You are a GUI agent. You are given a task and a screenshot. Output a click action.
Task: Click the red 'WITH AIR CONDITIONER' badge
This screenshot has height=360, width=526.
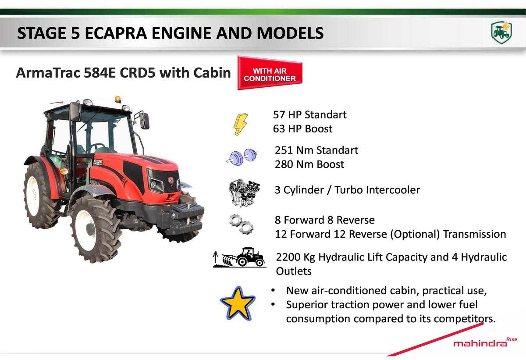270,73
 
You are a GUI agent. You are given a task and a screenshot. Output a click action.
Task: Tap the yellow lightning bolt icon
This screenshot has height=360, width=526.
240,124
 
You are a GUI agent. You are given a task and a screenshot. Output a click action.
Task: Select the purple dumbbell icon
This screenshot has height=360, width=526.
242,157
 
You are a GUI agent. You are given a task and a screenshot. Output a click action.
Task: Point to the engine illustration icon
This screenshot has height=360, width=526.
244,192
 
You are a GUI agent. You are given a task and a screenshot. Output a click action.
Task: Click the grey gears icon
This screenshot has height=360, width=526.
241,224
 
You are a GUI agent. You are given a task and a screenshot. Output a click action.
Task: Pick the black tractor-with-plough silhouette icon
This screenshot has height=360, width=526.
240,257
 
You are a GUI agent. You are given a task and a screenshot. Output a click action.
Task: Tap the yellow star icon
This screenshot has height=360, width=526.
238,303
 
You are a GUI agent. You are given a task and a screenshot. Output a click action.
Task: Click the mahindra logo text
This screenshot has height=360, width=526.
480,344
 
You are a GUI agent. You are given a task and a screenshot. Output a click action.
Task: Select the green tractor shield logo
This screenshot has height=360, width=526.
501,32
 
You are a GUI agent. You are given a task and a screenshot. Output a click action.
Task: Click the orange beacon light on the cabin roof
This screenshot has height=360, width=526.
117,99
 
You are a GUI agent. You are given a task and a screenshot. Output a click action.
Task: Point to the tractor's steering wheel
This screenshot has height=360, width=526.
97,146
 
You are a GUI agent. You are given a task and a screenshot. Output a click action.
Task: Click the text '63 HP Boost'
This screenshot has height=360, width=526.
302,128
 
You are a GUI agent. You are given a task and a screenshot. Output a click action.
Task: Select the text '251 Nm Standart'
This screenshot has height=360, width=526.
316,150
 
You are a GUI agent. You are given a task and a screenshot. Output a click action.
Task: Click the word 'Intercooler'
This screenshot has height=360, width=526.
377,190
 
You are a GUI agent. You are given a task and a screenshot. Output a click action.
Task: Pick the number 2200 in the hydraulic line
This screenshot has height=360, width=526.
288,257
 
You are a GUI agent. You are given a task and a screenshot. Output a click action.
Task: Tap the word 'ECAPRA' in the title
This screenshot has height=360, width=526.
116,33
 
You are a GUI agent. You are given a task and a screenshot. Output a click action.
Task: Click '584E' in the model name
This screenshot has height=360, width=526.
100,72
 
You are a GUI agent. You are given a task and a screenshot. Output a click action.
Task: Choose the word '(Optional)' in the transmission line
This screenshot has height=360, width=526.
415,234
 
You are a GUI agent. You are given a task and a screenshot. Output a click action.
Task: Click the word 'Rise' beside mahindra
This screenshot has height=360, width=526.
512,339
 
